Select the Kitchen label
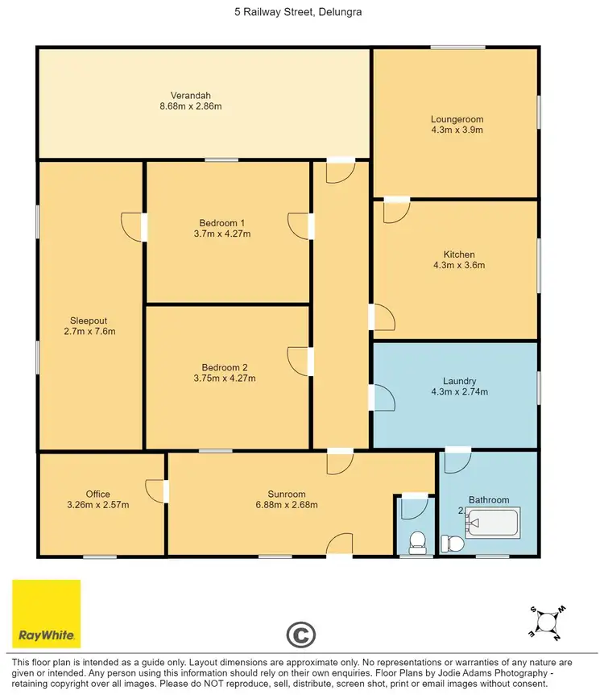(x=457, y=254)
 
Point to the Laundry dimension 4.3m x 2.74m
(x=460, y=392)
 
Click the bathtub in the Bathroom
(x=494, y=523)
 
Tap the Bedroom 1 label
(x=221, y=223)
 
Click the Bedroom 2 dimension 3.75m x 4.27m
(x=225, y=378)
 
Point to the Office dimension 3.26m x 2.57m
(x=97, y=505)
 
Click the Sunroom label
(x=286, y=494)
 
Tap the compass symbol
(x=547, y=623)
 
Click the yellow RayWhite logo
(x=46, y=613)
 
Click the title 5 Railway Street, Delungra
(x=301, y=13)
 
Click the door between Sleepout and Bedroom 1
(x=133, y=225)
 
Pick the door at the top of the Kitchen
(x=397, y=210)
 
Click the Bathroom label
(x=489, y=500)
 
